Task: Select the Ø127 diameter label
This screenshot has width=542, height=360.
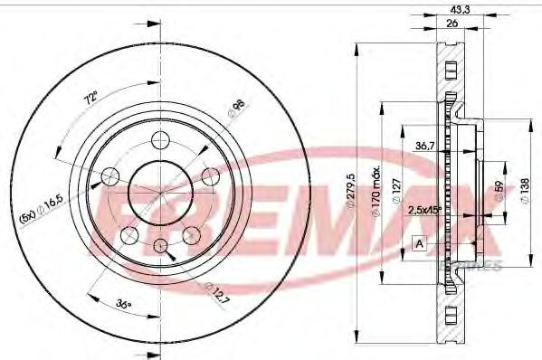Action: [396, 190]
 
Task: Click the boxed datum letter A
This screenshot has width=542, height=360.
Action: [419, 243]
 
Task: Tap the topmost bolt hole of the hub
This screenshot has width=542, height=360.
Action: [160, 139]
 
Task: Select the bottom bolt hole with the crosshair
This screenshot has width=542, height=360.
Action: [160, 246]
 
